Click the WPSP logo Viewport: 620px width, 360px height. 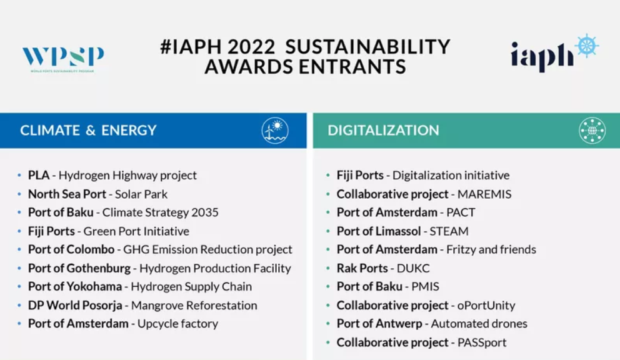coord(63,59)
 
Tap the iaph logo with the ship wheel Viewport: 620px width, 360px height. coord(554,53)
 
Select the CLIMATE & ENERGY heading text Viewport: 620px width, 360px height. coord(88,130)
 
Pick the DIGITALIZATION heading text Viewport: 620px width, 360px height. coord(383,130)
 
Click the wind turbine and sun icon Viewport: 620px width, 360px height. coord(275,131)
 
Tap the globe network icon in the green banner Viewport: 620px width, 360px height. coord(592,131)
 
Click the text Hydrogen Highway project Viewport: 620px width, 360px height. coord(127,175)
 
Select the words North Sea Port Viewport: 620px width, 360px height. coord(67,194)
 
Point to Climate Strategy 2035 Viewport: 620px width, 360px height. coord(160,212)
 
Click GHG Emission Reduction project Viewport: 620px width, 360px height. coord(207,249)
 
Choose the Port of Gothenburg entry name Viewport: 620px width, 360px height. coord(79,268)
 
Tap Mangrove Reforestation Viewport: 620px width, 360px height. coord(194,306)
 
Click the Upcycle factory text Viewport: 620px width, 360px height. coord(177,324)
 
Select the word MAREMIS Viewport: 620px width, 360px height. coord(484,194)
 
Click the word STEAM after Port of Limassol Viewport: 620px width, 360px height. coord(449,231)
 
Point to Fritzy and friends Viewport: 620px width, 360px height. coord(491,249)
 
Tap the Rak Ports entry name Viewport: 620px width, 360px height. coord(362,268)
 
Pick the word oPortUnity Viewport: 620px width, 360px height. coord(486,306)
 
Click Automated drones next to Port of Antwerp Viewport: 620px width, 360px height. coord(479,324)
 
